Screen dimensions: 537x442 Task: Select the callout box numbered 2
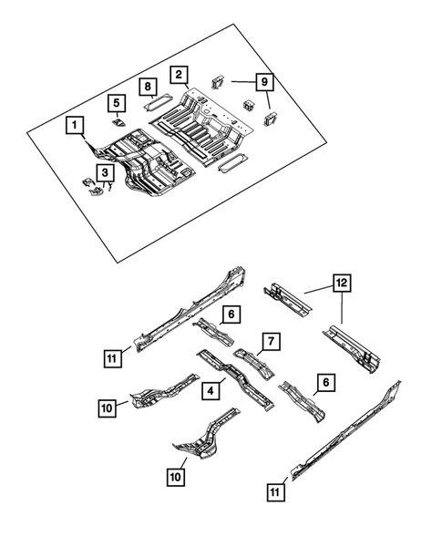click(x=180, y=75)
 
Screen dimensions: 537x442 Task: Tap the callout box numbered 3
click(x=106, y=171)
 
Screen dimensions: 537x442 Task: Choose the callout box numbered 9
click(x=264, y=81)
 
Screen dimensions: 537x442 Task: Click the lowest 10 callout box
click(x=175, y=476)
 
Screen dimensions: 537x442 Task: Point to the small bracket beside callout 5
click(x=118, y=119)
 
